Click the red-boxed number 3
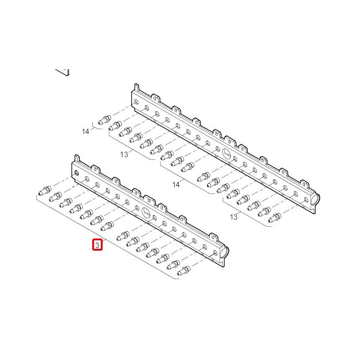tap(97, 245)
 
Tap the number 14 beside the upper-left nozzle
tap(85, 131)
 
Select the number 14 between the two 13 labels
tap(176, 184)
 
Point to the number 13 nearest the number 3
tap(124, 154)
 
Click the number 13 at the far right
tap(234, 217)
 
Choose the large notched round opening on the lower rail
tap(146, 212)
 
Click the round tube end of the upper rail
tap(316, 198)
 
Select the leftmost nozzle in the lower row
tap(45, 191)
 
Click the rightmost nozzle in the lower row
tap(184, 271)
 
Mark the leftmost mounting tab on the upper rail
tap(137, 87)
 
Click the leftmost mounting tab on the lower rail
tap(77, 158)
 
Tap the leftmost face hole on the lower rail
tap(76, 173)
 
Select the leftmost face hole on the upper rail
tap(136, 102)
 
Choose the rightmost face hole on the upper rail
tap(306, 199)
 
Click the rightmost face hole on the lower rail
tap(215, 253)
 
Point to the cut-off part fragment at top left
tap(63, 72)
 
